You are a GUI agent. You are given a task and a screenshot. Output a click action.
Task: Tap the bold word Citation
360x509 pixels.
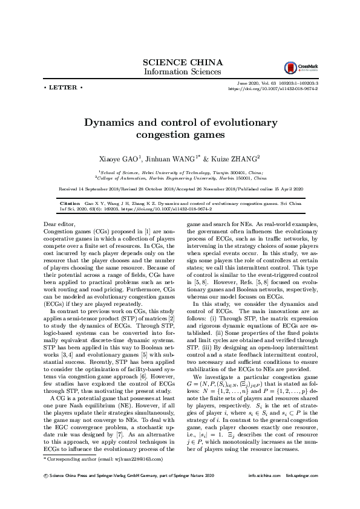(70, 204)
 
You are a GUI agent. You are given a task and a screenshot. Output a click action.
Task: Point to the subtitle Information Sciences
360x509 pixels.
(182, 72)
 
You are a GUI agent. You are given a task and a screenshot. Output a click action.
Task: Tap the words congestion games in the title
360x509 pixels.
(180, 135)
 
